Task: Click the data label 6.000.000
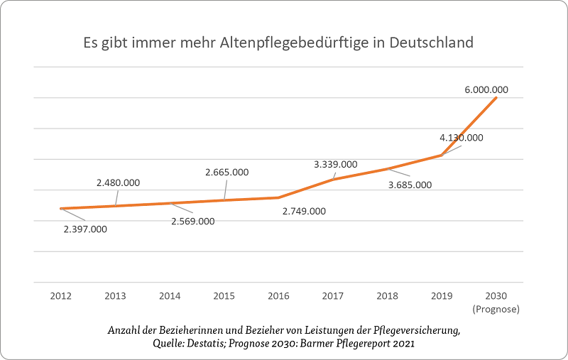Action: tap(486, 90)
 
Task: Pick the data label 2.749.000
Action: tap(304, 211)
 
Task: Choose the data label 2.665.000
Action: tap(227, 172)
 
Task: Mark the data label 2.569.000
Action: tap(192, 221)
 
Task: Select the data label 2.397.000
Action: tap(85, 229)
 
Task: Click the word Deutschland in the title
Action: tap(432, 43)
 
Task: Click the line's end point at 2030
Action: tap(496, 97)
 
